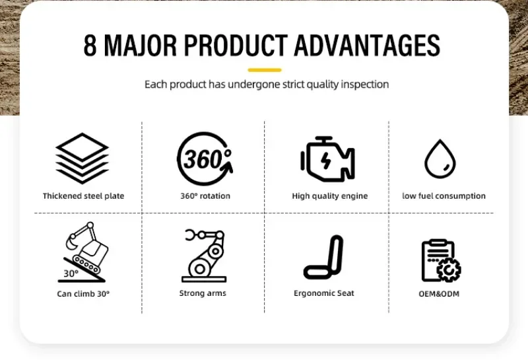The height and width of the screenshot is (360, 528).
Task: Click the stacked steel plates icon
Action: [x=82, y=159]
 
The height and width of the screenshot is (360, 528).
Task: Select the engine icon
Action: [x=327, y=159]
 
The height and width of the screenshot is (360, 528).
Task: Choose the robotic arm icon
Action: [x=204, y=256]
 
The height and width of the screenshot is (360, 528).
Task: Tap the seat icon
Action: [x=324, y=257]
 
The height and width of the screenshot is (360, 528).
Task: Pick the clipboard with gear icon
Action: [x=441, y=260]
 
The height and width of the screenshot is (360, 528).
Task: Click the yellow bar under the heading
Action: [x=265, y=70]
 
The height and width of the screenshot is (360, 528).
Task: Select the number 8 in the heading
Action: [x=90, y=45]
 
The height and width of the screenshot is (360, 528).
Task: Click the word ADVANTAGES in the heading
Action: [x=367, y=45]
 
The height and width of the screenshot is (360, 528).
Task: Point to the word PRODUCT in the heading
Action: [x=236, y=45]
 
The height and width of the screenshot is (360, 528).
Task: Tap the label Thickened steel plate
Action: [x=84, y=196]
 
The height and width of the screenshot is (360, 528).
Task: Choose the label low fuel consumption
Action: [x=444, y=196]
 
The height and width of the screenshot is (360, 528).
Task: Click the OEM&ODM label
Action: [x=439, y=294]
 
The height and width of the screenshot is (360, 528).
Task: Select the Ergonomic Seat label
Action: [x=324, y=293]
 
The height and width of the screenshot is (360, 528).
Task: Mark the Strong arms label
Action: [x=203, y=293]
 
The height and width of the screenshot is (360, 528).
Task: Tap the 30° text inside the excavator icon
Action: [x=71, y=273]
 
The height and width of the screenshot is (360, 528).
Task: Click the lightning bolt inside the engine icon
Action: [x=325, y=161]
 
